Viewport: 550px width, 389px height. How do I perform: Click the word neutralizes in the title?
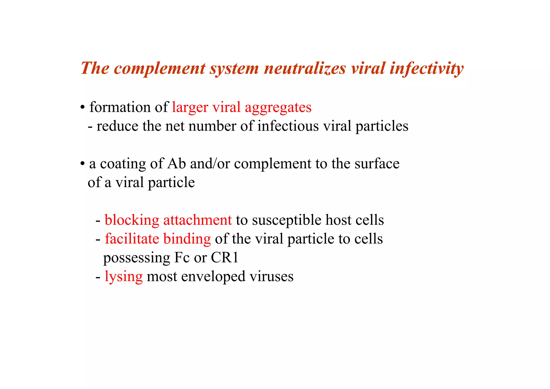pyautogui.click(x=305, y=68)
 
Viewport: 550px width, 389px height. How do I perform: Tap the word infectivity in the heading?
pyautogui.click(x=426, y=68)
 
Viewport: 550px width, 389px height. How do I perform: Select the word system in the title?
pyautogui.click(x=234, y=69)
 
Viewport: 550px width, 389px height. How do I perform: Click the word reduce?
pyautogui.click(x=117, y=126)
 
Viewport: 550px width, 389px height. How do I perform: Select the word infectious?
pyautogui.click(x=288, y=126)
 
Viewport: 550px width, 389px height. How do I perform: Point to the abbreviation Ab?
pyautogui.click(x=176, y=164)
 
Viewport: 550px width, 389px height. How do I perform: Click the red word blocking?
pyautogui.click(x=132, y=220)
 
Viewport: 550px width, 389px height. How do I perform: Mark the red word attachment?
pyautogui.click(x=197, y=220)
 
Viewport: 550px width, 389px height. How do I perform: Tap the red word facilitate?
pyautogui.click(x=132, y=239)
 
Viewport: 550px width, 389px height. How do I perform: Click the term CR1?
pyautogui.click(x=225, y=258)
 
